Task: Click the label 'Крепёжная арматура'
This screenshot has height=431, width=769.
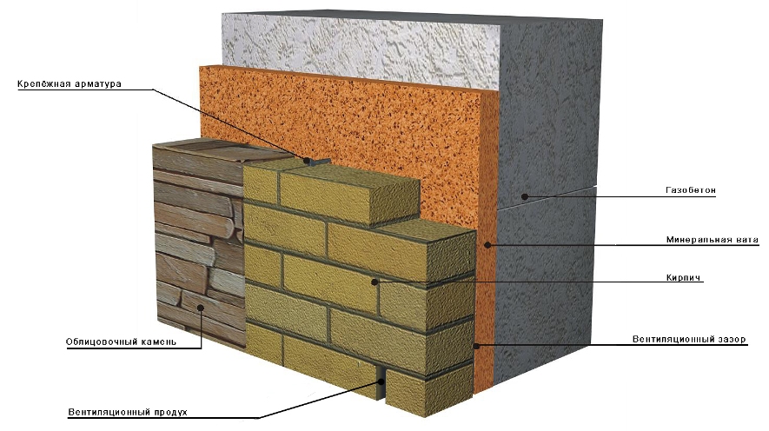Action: (x=70, y=83)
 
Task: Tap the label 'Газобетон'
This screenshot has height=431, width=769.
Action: (x=691, y=190)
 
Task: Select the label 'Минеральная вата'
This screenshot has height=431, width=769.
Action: (x=713, y=240)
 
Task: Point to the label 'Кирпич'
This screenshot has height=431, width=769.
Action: (x=684, y=277)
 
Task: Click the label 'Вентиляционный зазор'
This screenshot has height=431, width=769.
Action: (x=689, y=339)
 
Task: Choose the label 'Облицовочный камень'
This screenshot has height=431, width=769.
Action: (x=121, y=341)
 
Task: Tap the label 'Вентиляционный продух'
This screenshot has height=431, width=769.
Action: (x=128, y=412)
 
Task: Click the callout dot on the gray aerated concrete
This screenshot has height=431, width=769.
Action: (x=524, y=196)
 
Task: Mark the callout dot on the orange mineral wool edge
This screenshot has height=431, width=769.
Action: (x=487, y=244)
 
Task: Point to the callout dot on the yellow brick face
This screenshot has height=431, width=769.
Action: (x=375, y=282)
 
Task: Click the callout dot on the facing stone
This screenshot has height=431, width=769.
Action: (x=201, y=308)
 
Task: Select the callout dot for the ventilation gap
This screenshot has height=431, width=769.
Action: (x=476, y=346)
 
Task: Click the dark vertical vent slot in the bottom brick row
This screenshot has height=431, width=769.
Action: (x=381, y=382)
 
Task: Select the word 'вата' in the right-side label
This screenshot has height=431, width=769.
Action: (x=747, y=240)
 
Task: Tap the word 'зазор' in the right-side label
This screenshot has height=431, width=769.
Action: (x=733, y=339)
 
